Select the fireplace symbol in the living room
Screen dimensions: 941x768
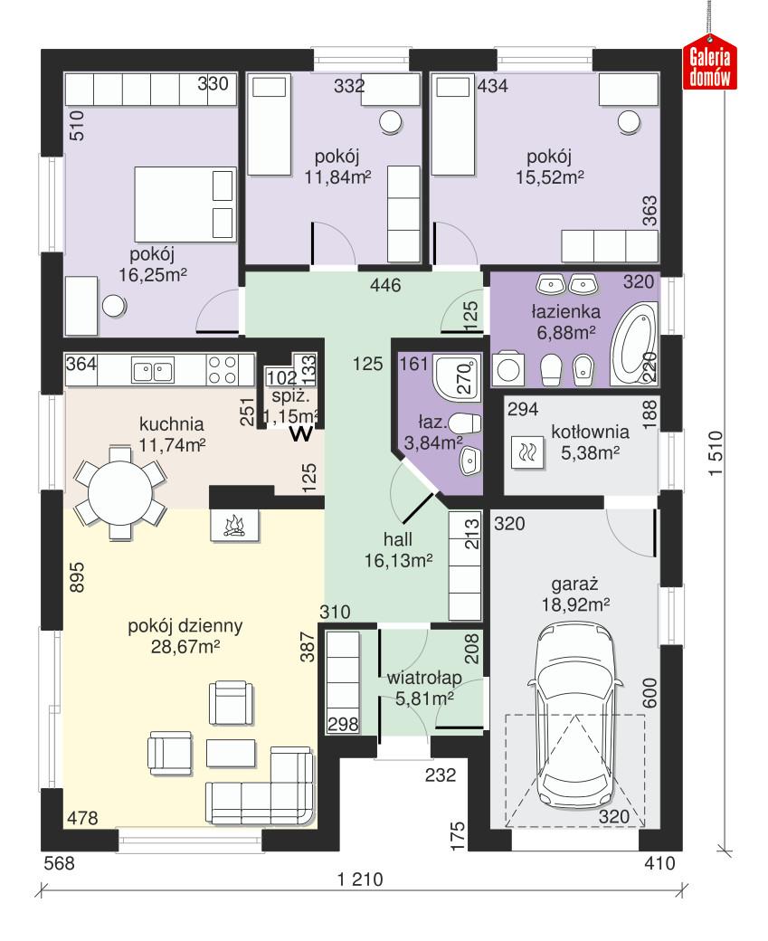click(x=232, y=524)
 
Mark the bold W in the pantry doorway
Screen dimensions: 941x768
click(x=301, y=434)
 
